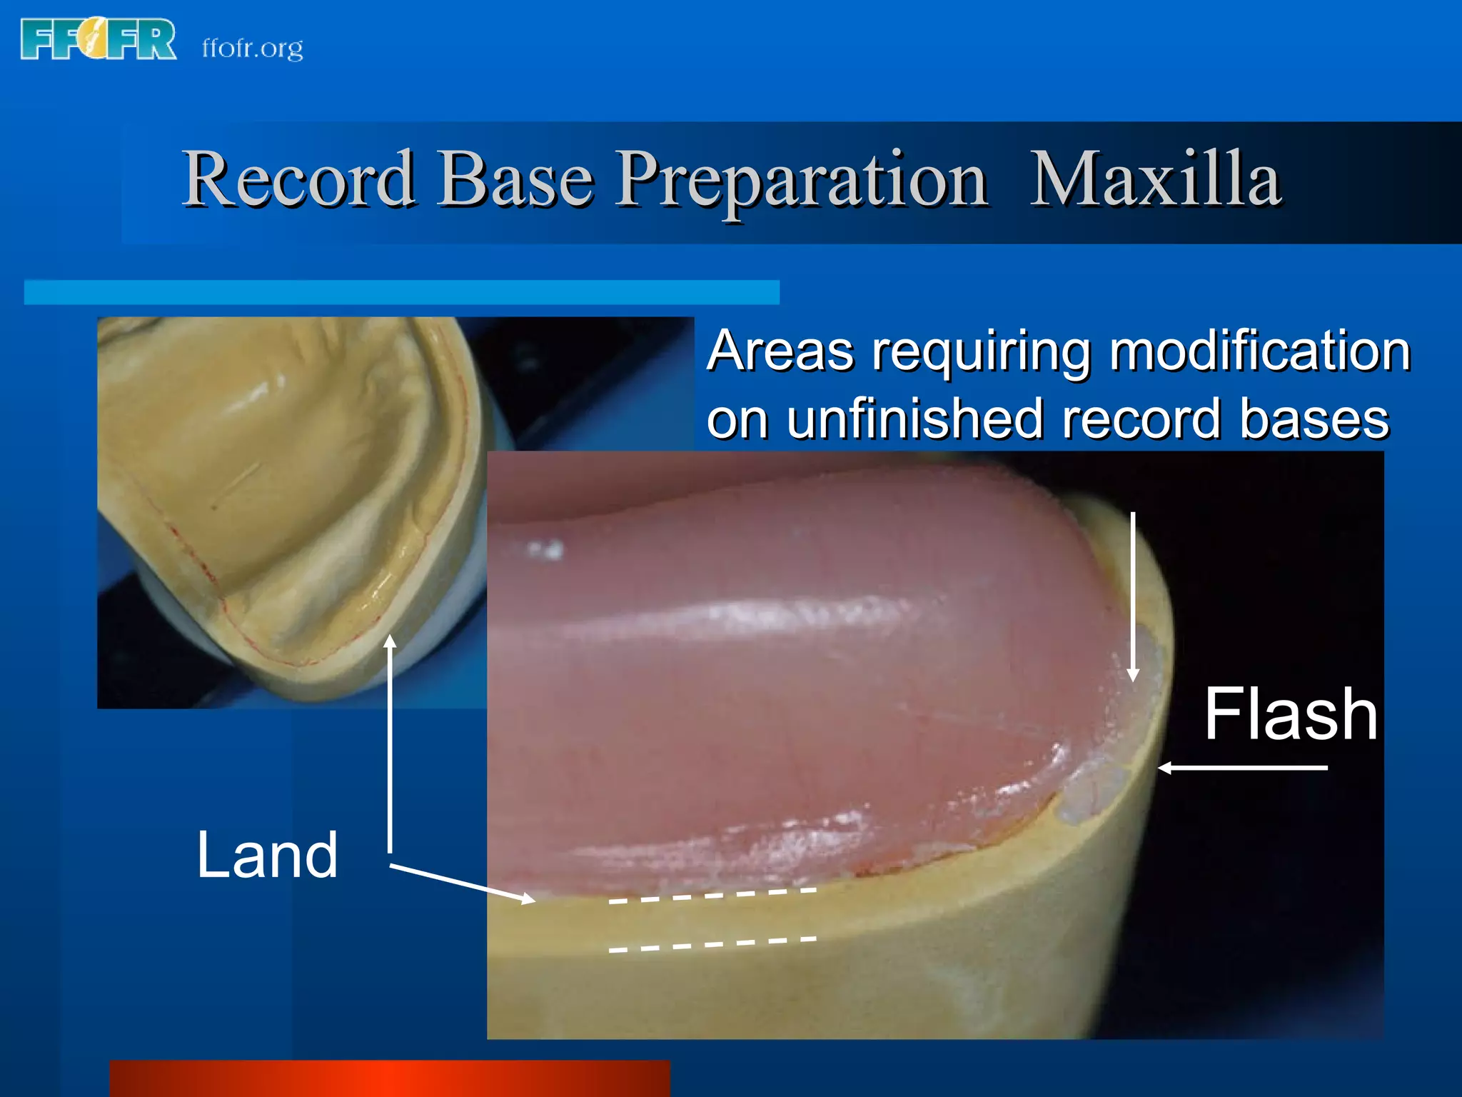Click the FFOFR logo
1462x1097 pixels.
coord(99,40)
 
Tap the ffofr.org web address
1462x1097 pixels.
coord(252,49)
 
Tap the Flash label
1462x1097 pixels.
coord(1290,713)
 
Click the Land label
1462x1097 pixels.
coord(267,855)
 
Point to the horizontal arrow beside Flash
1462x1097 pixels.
coord(1242,768)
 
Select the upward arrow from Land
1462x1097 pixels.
coord(390,743)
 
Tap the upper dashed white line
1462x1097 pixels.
coord(712,896)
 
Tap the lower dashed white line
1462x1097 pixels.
coord(712,944)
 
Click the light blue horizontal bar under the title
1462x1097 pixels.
coord(401,292)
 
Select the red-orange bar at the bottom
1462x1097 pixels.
coord(390,1078)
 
